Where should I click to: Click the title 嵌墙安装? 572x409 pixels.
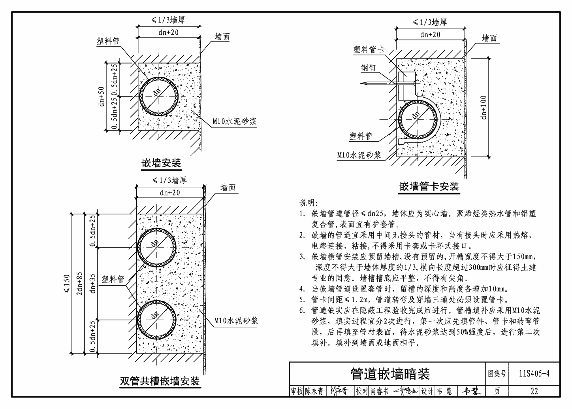161,163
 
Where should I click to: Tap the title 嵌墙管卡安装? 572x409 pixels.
429,186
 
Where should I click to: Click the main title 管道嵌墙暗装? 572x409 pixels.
390,373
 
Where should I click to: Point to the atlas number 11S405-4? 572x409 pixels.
534,373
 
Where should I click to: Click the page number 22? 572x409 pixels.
534,392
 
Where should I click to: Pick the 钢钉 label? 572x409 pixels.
369,68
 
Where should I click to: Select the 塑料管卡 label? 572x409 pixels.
369,49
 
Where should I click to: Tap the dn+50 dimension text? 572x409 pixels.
102,96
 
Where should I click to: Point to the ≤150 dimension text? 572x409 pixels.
66,283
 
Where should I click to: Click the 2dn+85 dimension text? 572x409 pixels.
79,283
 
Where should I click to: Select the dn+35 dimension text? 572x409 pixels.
93,284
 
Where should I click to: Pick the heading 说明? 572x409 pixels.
308,203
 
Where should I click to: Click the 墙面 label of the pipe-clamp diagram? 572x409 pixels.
489,38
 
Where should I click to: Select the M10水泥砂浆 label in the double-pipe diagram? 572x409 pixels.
236,320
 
